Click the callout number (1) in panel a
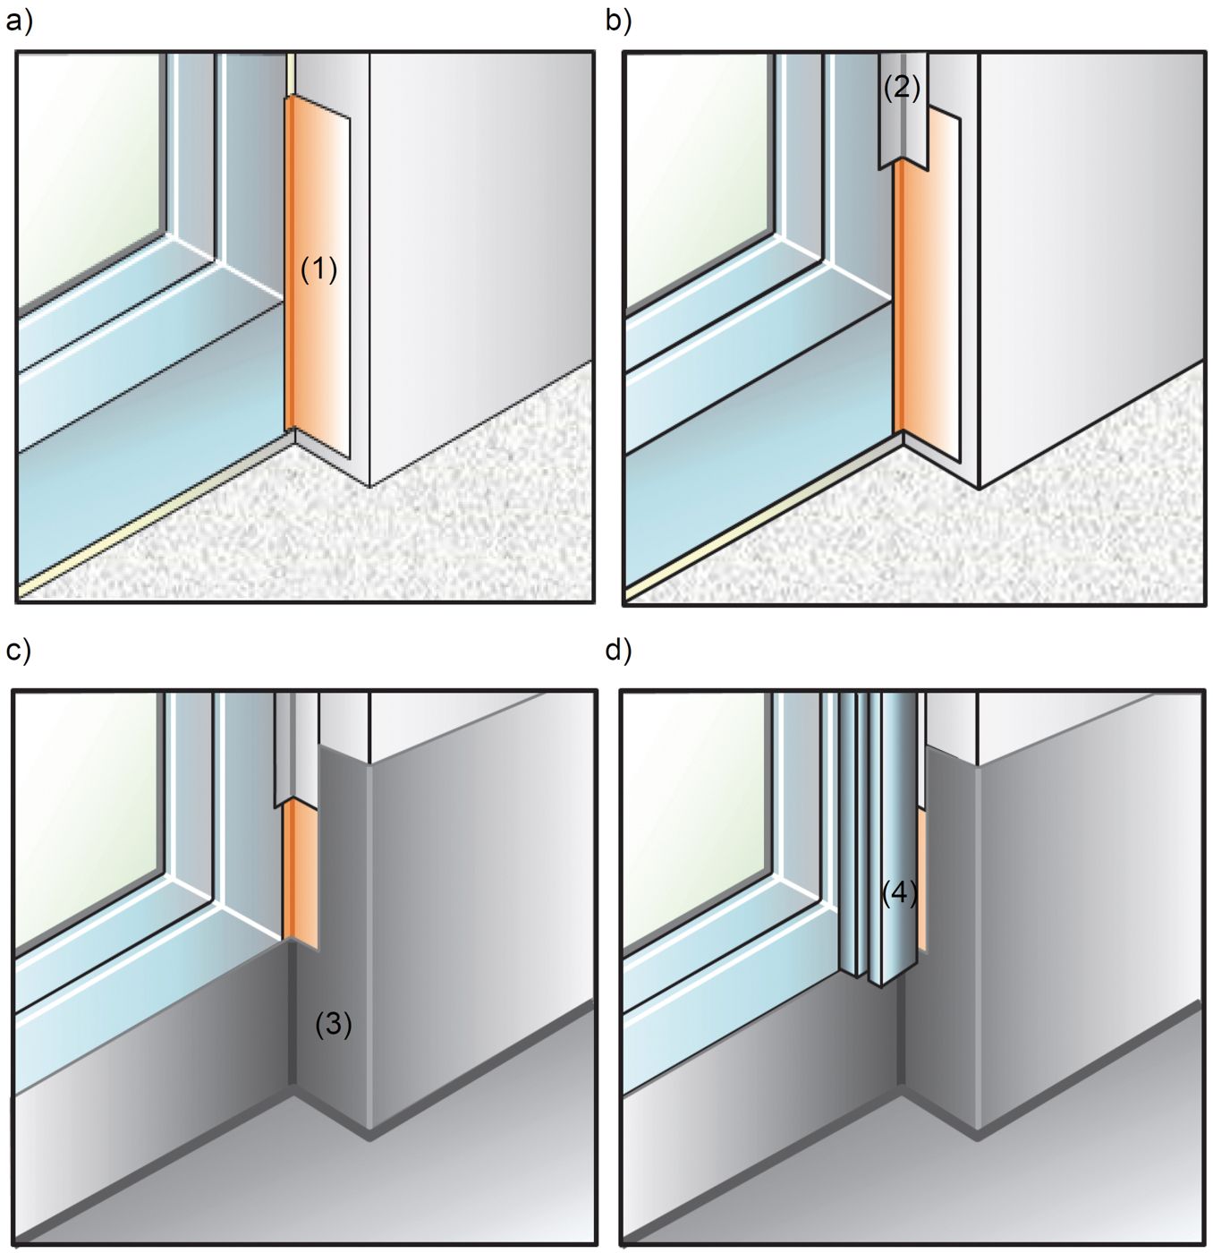coord(318,268)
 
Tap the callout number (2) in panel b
coord(901,88)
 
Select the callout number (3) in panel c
coord(333,1024)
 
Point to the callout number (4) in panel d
coord(899,892)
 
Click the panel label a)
coord(18,20)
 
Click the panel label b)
coord(618,20)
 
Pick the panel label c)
coord(18,650)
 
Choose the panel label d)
coord(618,650)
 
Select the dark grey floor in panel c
coord(313,1181)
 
